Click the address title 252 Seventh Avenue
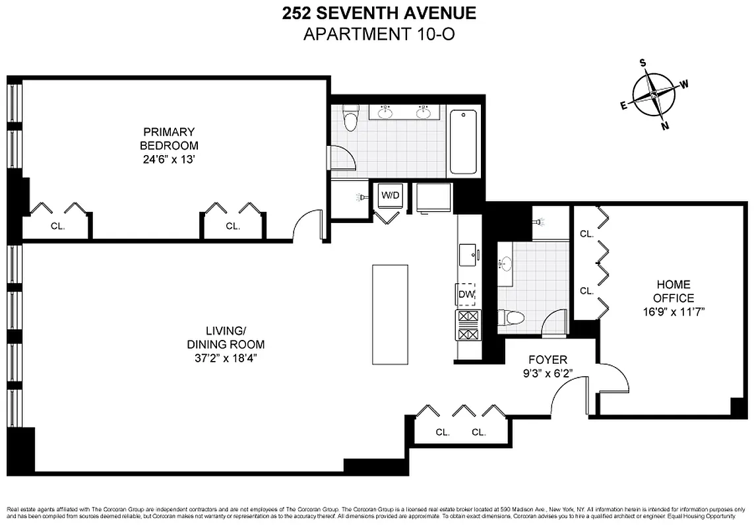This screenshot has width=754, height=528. tap(378, 13)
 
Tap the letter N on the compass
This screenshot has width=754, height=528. tap(665, 126)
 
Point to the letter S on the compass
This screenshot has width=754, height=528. tap(642, 63)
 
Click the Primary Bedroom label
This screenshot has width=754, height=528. tap(169, 138)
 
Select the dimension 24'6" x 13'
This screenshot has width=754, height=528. tap(169, 160)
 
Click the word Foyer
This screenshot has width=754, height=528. tap(548, 360)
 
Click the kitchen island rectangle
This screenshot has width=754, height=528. tap(390, 314)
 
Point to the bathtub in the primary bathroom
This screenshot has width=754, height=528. tap(463, 141)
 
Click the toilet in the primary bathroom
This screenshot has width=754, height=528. tap(350, 120)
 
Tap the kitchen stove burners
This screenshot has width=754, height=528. tap(467, 325)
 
